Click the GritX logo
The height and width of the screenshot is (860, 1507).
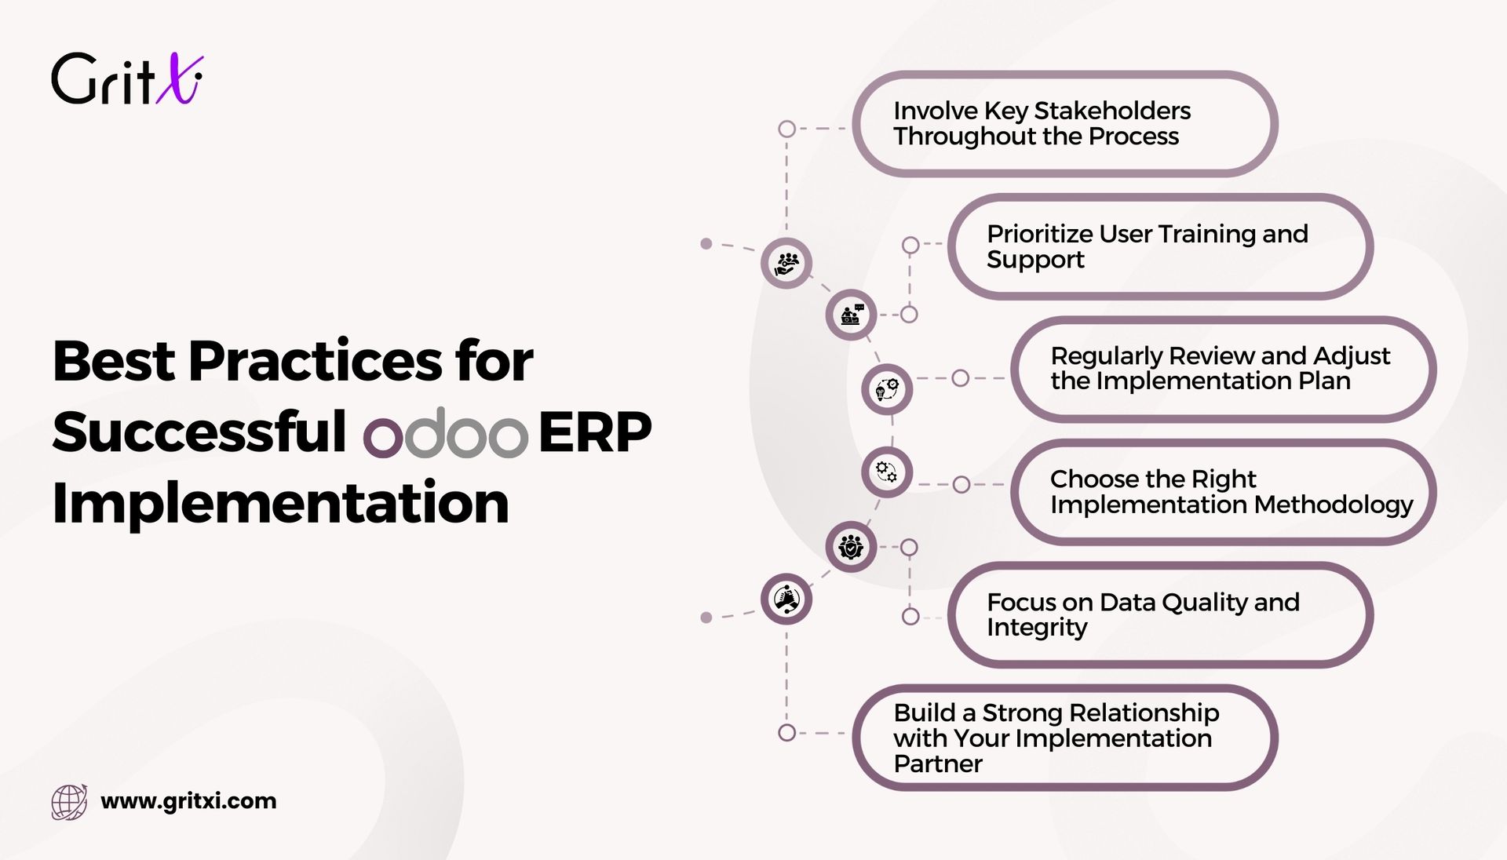click(127, 78)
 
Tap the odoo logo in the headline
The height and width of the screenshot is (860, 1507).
click(446, 433)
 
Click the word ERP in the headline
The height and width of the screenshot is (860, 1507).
click(595, 432)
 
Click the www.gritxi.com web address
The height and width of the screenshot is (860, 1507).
click(188, 801)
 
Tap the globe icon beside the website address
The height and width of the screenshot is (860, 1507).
click(69, 802)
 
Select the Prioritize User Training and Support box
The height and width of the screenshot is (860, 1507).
click(1160, 246)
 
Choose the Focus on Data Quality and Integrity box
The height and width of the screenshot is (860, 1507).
click(1160, 614)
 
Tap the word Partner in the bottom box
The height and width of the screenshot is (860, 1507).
click(938, 763)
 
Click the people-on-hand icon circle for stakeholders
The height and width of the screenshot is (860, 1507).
click(786, 263)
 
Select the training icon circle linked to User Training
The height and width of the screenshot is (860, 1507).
click(851, 315)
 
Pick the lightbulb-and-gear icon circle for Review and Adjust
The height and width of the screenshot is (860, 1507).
click(887, 389)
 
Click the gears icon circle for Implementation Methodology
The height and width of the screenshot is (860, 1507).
click(887, 472)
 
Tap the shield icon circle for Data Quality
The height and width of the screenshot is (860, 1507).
click(851, 546)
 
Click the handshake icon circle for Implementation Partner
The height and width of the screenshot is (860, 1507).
click(786, 599)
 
